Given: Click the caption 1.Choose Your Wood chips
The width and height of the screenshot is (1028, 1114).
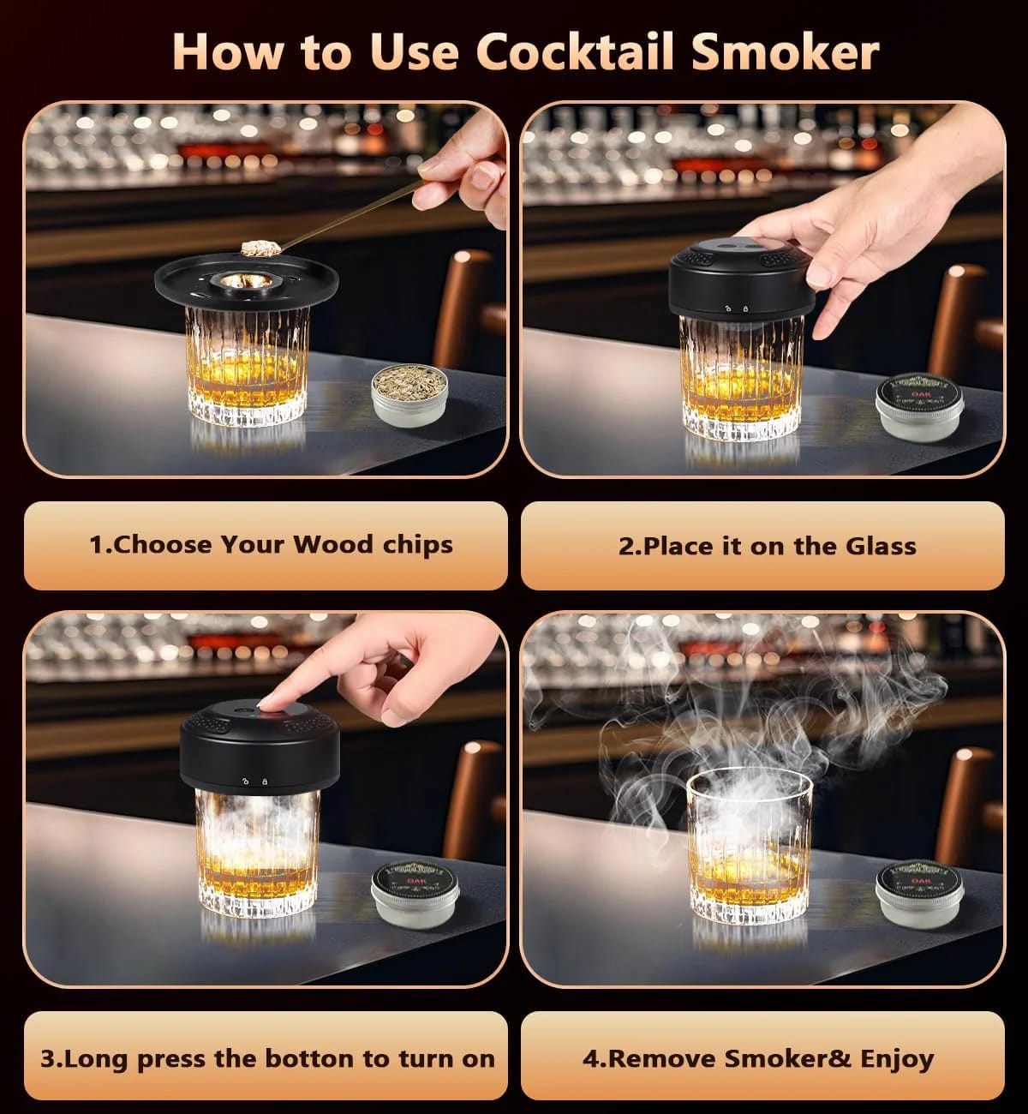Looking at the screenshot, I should tap(271, 545).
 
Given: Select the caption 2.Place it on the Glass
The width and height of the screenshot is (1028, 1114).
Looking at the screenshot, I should tap(767, 546).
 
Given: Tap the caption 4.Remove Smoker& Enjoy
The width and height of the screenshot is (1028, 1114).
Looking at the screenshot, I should tap(758, 1058).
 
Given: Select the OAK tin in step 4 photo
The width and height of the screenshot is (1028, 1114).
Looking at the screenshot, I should tap(920, 893).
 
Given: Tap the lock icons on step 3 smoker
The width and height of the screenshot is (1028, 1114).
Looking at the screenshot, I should tap(254, 781).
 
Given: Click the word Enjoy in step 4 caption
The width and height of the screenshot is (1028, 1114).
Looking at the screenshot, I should tap(896, 1058).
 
